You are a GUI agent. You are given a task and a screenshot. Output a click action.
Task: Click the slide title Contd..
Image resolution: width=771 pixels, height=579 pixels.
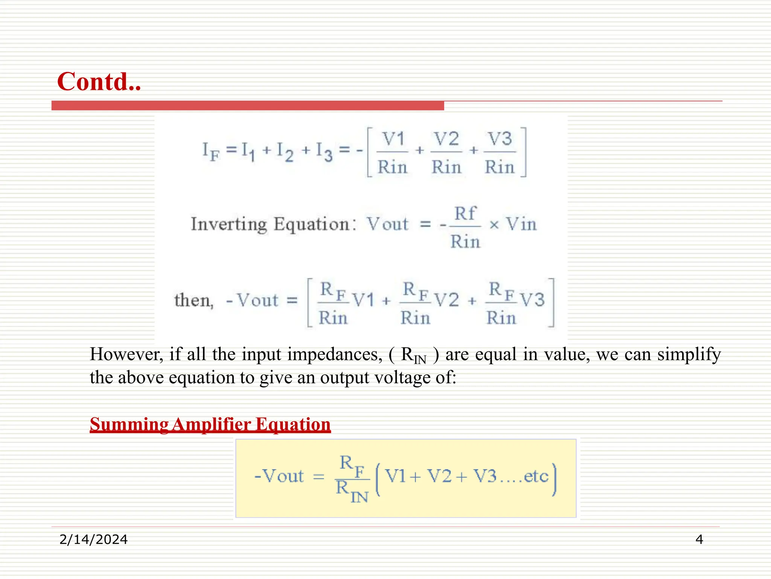click(x=99, y=81)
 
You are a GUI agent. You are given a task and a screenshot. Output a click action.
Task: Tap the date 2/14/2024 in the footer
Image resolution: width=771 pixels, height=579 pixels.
click(x=93, y=539)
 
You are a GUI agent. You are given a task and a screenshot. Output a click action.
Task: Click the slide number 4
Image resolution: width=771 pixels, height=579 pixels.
click(x=699, y=539)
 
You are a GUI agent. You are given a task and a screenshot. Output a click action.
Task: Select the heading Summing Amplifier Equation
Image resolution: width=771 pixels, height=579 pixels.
click(x=210, y=424)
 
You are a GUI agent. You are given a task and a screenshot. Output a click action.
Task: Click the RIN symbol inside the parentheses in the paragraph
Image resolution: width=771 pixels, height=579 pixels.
click(x=413, y=355)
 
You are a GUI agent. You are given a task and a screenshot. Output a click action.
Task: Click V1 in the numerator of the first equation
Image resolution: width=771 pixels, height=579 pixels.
click(x=393, y=139)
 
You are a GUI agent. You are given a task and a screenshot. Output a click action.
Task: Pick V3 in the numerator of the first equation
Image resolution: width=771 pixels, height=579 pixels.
click(x=500, y=139)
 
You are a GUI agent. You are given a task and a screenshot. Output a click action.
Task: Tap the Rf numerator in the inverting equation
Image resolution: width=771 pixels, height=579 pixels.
click(x=465, y=214)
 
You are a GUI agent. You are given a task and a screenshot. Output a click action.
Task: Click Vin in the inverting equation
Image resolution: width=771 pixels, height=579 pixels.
click(x=521, y=224)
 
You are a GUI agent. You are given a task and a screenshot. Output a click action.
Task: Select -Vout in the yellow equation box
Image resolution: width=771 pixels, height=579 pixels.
click(x=279, y=476)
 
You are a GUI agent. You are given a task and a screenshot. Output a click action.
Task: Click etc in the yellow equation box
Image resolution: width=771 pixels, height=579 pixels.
click(x=536, y=476)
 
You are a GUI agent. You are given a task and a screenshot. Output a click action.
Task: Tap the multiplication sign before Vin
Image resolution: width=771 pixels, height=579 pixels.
click(x=494, y=225)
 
